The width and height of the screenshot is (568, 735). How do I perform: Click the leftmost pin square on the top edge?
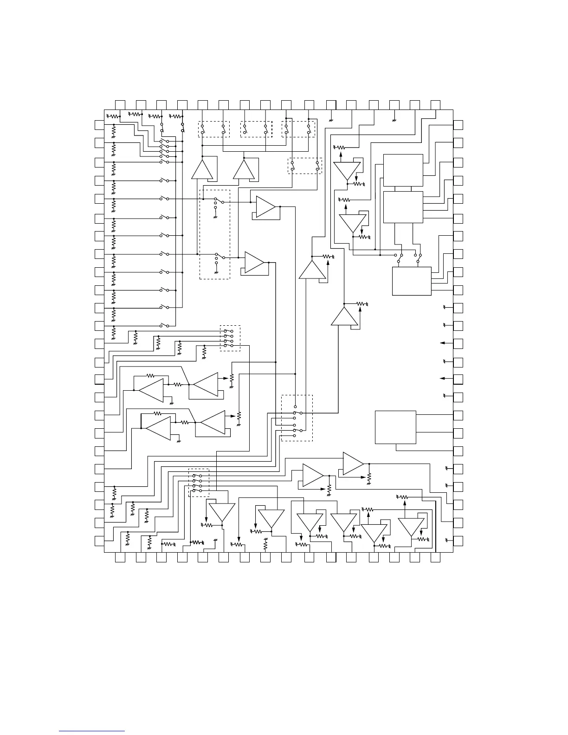[x=120, y=104]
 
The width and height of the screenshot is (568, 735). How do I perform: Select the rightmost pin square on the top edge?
[x=435, y=104]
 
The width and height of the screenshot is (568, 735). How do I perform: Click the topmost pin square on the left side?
[x=99, y=124]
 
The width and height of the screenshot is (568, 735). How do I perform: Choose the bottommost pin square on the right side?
[x=458, y=541]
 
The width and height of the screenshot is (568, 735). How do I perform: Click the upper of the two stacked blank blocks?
[x=403, y=170]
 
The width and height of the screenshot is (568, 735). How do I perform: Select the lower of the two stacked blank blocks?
[x=403, y=207]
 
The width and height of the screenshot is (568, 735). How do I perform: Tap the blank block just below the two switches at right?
[x=412, y=281]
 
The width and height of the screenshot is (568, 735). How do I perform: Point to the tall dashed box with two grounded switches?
[x=214, y=234]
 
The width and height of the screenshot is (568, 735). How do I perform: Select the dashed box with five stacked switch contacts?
[x=297, y=419]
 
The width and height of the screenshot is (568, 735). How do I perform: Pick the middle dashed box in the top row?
[x=255, y=129]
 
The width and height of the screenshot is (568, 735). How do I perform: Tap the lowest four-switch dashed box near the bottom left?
[x=199, y=483]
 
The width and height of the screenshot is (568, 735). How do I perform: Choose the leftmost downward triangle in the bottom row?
[x=221, y=512]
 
